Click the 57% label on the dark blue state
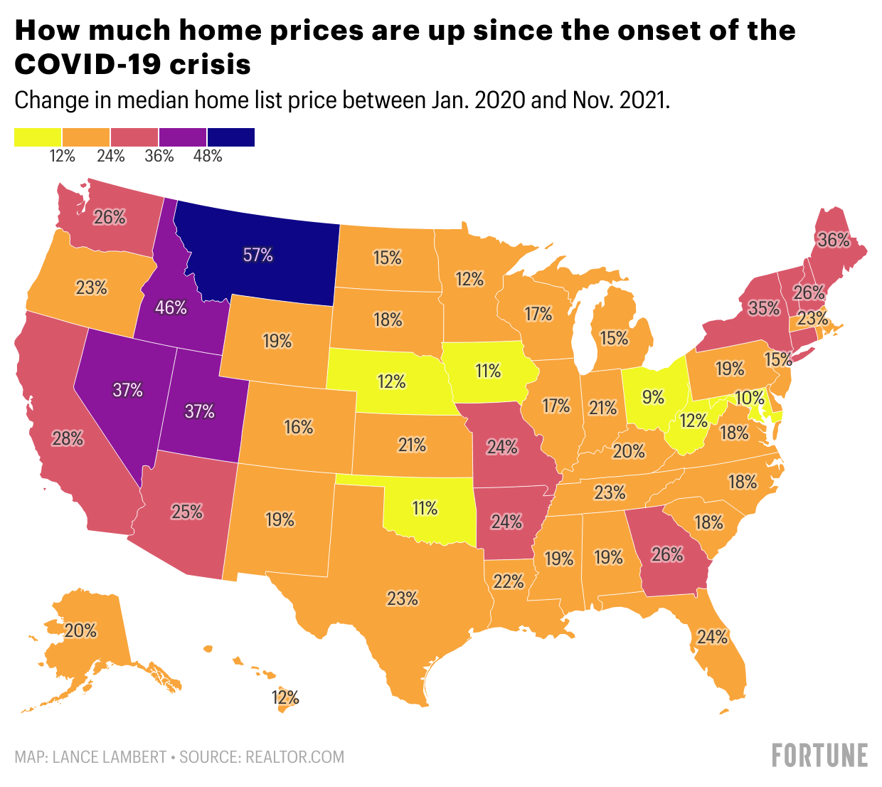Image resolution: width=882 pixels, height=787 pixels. pos(258,255)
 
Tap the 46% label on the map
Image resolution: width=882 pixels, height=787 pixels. pos(171,308)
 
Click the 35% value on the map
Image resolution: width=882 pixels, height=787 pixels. pos(764,308)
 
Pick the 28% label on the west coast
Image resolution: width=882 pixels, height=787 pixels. pos(68,439)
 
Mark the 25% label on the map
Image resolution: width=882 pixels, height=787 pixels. pos(187,511)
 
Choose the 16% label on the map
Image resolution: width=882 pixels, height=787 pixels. pos(299,427)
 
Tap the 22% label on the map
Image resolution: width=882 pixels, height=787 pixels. pos(509,582)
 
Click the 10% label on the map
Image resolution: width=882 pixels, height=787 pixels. pos(750,398)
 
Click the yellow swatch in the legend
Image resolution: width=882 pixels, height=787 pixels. pos(38,137)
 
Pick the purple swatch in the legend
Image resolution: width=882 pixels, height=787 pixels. pos(182,137)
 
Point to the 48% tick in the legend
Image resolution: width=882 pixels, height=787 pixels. pos(208,156)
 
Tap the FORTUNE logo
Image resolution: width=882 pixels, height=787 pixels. pos(820,755)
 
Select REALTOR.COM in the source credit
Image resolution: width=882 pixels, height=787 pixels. pos(295,756)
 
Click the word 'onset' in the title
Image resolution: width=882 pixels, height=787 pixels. pos(630,31)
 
